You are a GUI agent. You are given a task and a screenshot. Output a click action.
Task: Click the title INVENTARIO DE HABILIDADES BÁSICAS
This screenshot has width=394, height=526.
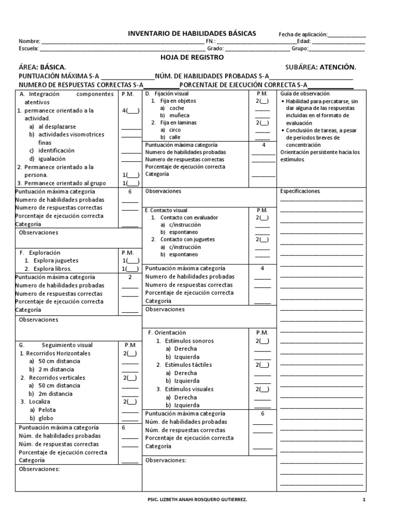(192, 33)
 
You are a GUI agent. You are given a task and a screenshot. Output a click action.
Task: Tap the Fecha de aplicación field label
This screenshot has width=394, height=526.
(303, 34)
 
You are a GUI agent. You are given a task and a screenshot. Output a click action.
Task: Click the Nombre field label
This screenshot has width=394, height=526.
(28, 41)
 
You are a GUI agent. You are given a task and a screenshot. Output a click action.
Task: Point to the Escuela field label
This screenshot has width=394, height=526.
(28, 49)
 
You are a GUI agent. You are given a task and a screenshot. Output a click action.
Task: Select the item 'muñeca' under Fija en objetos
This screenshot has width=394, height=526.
(178, 116)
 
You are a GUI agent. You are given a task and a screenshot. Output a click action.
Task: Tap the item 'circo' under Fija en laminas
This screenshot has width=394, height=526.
(175, 130)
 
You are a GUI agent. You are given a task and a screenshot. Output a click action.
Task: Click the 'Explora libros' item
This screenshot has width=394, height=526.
(52, 268)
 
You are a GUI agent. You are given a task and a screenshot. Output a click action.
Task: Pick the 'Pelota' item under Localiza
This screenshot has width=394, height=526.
(47, 410)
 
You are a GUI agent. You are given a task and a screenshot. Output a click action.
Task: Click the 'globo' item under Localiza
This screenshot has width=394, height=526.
(46, 418)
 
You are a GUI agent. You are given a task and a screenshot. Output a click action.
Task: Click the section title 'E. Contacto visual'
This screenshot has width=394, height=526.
(166, 211)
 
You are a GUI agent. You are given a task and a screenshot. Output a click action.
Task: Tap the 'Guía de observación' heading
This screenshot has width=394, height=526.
(305, 94)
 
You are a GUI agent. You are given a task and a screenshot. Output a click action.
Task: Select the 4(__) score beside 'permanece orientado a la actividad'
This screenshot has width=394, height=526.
(130, 110)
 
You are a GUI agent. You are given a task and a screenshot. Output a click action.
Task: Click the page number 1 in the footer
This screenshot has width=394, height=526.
(364, 500)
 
